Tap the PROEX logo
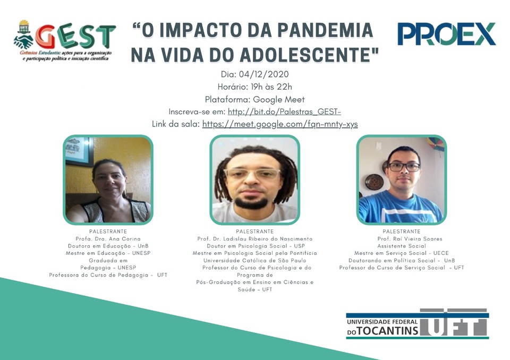(446, 34)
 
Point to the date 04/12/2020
(264, 74)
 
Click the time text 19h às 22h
(271, 87)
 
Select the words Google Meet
(279, 99)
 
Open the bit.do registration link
(284, 112)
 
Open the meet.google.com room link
(280, 124)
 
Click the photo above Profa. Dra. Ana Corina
(108, 180)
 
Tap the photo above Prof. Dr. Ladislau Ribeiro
(254, 180)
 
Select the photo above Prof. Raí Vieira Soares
(402, 180)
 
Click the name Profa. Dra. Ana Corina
(108, 239)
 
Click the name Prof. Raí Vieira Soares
(410, 239)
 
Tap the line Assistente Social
(402, 246)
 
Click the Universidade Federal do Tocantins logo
(418, 324)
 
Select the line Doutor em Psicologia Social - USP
(256, 246)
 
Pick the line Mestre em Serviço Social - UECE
(402, 253)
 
